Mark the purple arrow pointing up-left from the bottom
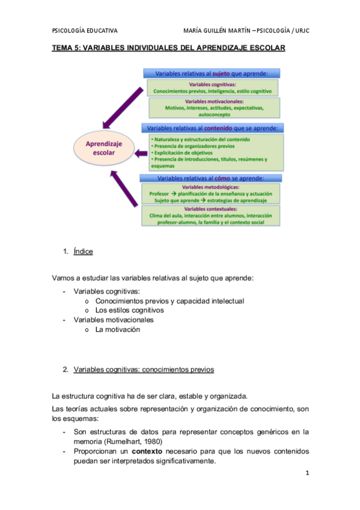pyautogui.click(x=123, y=189)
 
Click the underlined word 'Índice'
pyautogui.click(x=83, y=252)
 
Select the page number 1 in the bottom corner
pyautogui.click(x=307, y=473)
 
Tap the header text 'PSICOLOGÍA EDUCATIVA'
pyautogui.click(x=85, y=31)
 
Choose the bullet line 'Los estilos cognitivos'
pyautogui.click(x=129, y=310)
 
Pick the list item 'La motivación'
pyautogui.click(x=117, y=330)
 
